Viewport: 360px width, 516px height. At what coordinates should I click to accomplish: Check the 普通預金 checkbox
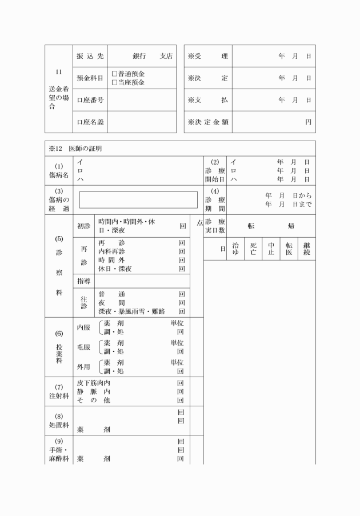pos(114,74)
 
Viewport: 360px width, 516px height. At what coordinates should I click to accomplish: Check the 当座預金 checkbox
pos(114,82)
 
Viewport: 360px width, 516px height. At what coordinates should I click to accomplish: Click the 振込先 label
pos(90,56)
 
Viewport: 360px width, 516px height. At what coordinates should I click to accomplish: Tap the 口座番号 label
pos(90,100)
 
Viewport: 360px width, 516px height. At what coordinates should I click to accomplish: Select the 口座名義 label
pos(90,122)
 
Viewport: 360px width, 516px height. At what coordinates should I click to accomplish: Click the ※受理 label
pos(207,56)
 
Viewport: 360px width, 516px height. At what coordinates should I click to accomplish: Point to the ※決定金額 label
pos(207,122)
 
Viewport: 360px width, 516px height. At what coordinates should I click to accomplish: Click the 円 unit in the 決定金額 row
pos(309,122)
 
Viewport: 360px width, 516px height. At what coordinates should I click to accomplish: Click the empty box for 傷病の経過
pos(138,200)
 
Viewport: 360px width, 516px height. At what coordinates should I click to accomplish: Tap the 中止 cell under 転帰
pos(271,249)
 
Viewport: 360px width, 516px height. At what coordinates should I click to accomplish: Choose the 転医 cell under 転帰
pos(289,249)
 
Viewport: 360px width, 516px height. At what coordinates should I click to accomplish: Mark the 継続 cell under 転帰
pos(307,249)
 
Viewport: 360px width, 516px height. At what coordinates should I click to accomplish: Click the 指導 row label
pos(83,281)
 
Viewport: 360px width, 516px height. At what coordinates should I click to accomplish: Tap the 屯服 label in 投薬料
pos(83,347)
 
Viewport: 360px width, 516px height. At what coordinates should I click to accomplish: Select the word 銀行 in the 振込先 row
pos(140,56)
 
